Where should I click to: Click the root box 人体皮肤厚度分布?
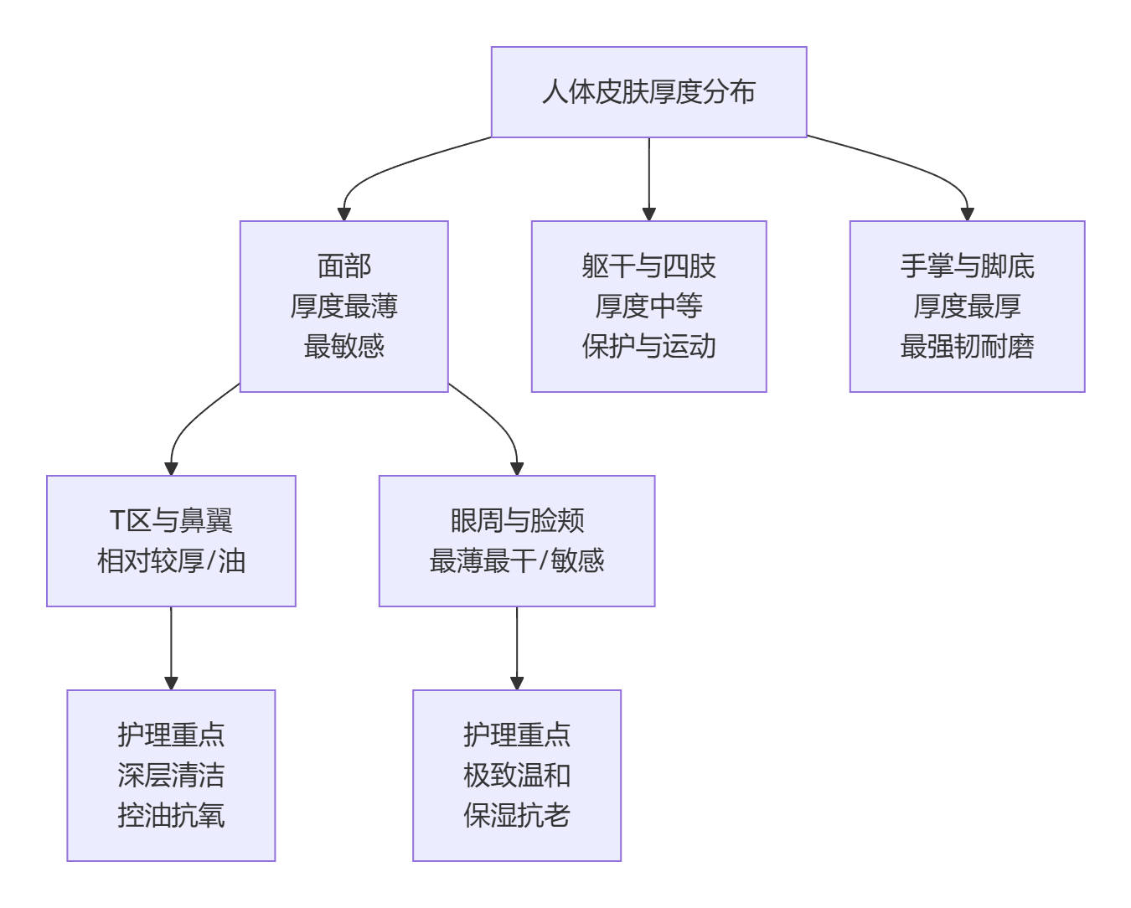tap(648, 92)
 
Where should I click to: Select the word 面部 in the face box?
tap(343, 266)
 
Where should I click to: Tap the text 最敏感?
tap(343, 346)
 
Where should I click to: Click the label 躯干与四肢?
tap(648, 266)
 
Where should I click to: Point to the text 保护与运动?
tap(648, 346)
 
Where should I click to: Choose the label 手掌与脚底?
tap(967, 266)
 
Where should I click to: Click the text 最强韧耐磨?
tap(967, 346)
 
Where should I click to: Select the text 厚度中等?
tap(648, 307)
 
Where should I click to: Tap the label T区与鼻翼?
tap(171, 521)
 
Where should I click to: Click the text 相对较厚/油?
tap(171, 561)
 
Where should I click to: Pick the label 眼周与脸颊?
tap(517, 521)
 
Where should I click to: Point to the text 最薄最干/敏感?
tap(517, 561)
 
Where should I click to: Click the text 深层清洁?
tap(171, 776)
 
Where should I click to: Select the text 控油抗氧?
tap(171, 815)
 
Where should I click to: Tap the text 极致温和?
tap(517, 776)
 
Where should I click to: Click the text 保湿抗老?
tap(517, 815)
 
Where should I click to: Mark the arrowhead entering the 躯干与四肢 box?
tap(648, 214)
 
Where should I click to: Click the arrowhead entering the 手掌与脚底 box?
tap(967, 214)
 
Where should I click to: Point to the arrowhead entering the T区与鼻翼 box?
tap(171, 468)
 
